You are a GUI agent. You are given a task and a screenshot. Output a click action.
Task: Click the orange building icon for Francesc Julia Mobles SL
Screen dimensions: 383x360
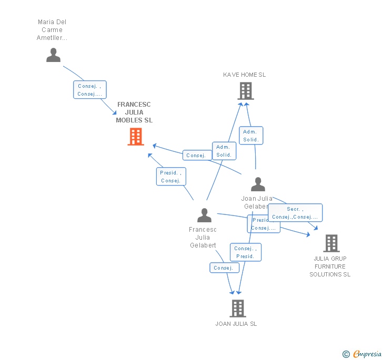[136, 137]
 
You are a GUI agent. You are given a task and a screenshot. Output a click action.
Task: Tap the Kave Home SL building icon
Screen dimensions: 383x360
[245, 91]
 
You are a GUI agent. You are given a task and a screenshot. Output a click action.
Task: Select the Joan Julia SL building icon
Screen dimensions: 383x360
[237, 308]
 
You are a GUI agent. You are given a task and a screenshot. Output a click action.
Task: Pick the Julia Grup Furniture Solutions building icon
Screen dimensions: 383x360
[331, 243]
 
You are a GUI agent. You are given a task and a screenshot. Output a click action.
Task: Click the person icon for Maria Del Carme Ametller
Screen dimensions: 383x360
[53, 55]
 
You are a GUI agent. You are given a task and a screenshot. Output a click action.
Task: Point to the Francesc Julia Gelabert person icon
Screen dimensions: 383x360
[204, 215]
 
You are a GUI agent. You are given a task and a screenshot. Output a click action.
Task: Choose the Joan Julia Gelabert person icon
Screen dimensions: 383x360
[258, 184]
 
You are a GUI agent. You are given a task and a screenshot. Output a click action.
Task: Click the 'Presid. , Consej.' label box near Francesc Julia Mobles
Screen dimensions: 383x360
[171, 177]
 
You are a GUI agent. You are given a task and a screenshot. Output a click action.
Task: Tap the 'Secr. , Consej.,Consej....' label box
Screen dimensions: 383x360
[295, 213]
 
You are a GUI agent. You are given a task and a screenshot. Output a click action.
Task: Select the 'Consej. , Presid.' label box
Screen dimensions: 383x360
[245, 252]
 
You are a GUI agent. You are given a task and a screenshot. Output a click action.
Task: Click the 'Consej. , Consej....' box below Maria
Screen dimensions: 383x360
[89, 90]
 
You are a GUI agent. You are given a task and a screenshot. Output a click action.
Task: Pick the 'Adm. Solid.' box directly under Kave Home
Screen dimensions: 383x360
[250, 136]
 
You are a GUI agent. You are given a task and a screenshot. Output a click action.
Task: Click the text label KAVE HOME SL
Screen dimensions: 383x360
[244, 75]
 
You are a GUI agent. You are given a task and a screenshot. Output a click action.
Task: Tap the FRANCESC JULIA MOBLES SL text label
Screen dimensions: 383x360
[134, 112]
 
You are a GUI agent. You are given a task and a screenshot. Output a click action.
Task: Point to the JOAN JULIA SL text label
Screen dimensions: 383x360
[236, 324]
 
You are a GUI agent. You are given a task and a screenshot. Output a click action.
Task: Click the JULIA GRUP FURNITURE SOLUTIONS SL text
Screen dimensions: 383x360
[330, 266]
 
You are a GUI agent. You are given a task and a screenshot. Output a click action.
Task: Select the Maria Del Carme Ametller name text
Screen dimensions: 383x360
[52, 30]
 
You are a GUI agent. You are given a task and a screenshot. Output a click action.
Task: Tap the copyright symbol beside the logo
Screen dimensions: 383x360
[346, 354]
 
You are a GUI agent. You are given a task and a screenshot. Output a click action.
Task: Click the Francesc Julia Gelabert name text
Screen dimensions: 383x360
[203, 238]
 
